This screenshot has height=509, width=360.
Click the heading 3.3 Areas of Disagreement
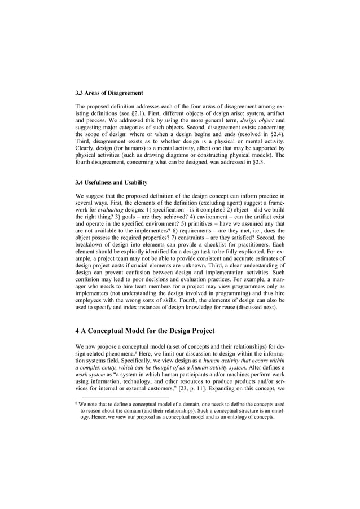click(109, 93)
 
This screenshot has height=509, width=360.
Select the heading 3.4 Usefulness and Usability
click(111, 182)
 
